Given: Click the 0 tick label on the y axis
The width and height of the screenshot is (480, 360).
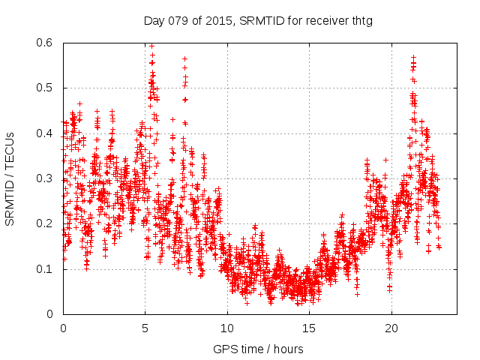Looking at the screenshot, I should [53, 314].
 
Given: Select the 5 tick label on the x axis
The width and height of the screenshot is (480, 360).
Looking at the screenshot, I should [145, 328].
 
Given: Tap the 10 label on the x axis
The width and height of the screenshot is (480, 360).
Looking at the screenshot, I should [227, 328].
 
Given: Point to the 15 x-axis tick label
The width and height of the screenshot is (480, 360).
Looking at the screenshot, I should [309, 328].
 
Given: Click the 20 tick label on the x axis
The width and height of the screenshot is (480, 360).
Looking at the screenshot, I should [391, 328].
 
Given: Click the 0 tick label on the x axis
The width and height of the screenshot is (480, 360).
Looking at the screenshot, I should [63, 328].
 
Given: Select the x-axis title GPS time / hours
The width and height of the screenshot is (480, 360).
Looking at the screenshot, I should [258, 349].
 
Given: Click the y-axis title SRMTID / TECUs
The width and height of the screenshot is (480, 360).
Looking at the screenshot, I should [10, 178].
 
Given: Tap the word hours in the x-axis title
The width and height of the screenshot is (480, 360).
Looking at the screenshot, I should [289, 349].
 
